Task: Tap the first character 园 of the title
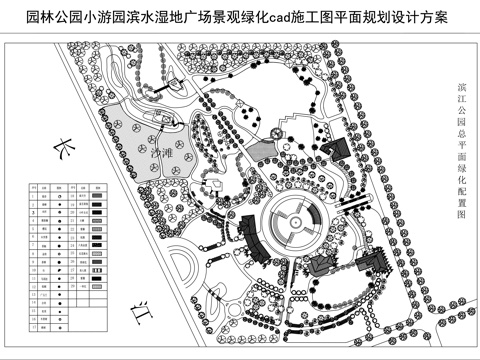(x=33, y=18)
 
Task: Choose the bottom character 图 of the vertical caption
(x=459, y=228)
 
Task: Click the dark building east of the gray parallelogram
(x=334, y=147)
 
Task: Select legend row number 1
(x=32, y=196)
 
